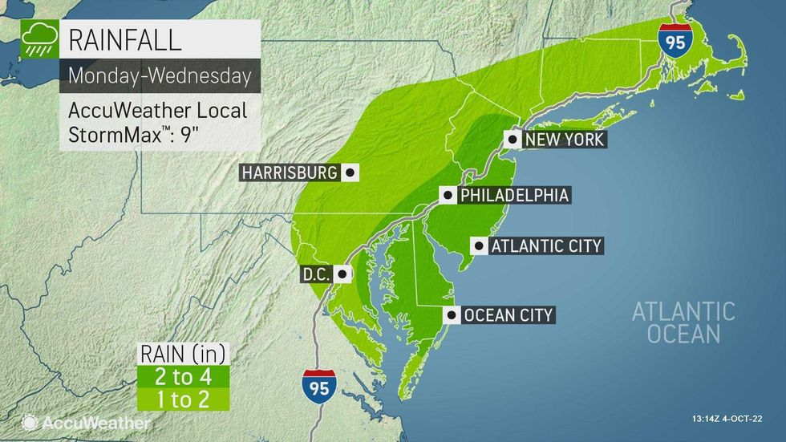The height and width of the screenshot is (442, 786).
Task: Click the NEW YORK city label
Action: click(564, 140)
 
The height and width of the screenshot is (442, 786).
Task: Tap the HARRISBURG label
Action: click(290, 172)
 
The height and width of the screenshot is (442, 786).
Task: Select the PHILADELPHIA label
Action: click(513, 196)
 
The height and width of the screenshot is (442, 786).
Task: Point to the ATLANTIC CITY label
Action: click(545, 246)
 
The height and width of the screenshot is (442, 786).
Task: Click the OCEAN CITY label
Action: click(508, 315)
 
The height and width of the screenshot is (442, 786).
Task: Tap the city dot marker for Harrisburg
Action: click(349, 172)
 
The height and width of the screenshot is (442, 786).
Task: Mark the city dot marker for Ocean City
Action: click(452, 315)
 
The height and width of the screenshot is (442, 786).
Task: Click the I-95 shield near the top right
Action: click(675, 40)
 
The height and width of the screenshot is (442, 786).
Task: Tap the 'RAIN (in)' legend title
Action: click(184, 354)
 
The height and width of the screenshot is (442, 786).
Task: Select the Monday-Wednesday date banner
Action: click(159, 76)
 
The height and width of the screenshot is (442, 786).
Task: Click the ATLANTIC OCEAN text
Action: click(683, 322)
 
